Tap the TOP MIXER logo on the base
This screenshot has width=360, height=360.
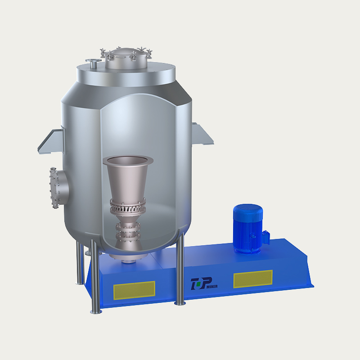(x=204, y=283)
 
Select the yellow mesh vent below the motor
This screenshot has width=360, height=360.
(x=253, y=279)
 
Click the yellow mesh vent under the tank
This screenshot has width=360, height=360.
(x=134, y=290)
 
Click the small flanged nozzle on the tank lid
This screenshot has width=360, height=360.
(x=93, y=63)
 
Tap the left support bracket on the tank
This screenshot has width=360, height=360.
(x=51, y=141)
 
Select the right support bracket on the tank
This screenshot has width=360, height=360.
(x=202, y=134)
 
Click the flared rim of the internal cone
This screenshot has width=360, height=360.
(x=128, y=160)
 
